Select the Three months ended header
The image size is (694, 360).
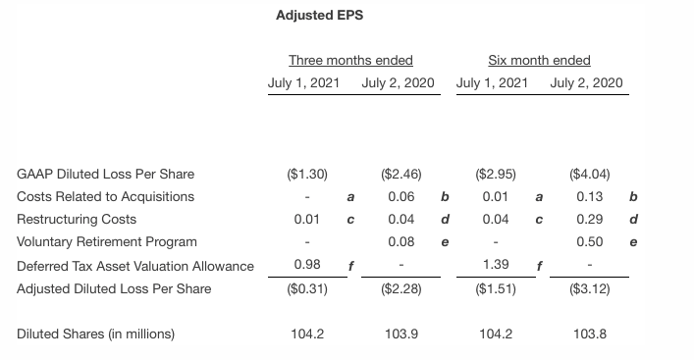(x=350, y=60)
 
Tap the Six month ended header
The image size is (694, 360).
(x=539, y=60)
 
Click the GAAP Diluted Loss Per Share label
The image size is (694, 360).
(x=106, y=174)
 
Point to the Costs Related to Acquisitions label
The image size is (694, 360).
(x=106, y=196)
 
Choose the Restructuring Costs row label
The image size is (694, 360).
(x=77, y=219)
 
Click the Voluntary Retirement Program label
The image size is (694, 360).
(x=107, y=241)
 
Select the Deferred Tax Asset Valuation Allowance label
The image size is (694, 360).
(x=135, y=266)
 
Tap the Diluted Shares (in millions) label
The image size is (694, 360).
(x=96, y=334)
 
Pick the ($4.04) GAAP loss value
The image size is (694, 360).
(x=589, y=174)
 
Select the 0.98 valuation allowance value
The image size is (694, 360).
(x=307, y=265)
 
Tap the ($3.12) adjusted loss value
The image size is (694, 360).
(x=589, y=288)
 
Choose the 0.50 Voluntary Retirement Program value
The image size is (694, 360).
(x=589, y=241)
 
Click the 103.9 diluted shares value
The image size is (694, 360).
(x=401, y=334)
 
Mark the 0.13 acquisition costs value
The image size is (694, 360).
(x=589, y=196)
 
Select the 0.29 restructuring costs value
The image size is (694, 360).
(x=589, y=219)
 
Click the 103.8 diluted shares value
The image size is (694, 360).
(x=589, y=334)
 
